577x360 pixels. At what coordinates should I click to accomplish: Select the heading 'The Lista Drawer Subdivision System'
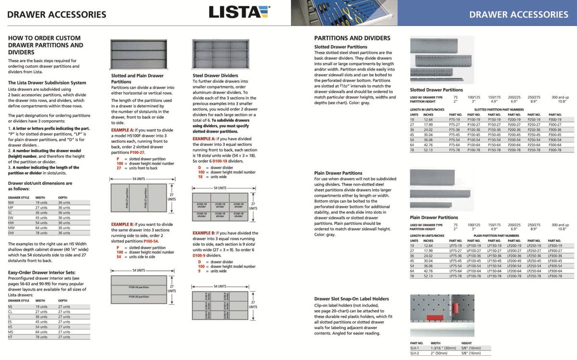pos(47,82)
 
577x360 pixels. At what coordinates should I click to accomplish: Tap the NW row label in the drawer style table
pos(11,202)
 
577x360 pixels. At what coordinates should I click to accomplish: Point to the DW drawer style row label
pos(11,233)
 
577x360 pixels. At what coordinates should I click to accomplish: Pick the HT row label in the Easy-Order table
pos(10,337)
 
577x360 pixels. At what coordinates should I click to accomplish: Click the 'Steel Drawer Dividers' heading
pos(215,75)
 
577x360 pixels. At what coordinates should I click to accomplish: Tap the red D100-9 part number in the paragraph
pos(201,256)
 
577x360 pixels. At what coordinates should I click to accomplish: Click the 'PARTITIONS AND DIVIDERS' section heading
pos(352,38)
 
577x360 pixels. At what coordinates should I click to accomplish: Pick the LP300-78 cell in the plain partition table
pos(554,276)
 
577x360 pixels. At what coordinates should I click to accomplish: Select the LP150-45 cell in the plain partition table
pos(494,261)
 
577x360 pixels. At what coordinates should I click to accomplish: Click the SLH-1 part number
pos(414,348)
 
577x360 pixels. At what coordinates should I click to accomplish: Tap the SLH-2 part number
pos(414,353)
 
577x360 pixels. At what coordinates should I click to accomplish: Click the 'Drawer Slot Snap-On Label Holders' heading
pos(351,298)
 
